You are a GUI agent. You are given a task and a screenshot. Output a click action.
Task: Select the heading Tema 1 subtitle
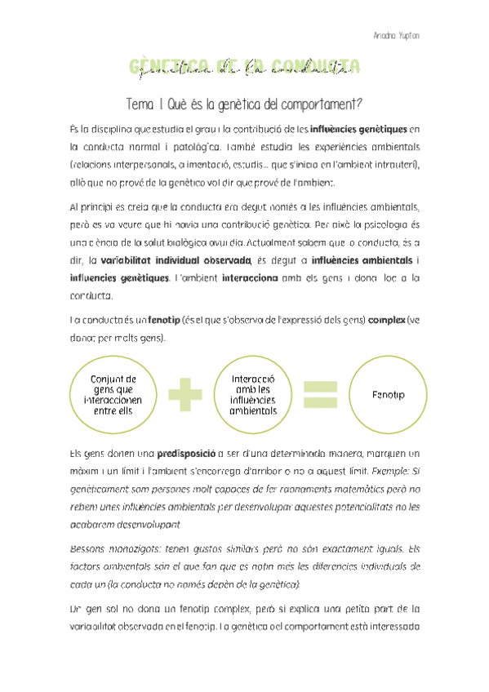tap(244, 104)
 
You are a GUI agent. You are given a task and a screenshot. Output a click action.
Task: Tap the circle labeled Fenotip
tap(388, 395)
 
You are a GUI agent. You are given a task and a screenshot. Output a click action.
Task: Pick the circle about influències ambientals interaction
tap(253, 395)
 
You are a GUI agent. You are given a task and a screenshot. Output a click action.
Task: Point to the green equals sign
tap(320, 395)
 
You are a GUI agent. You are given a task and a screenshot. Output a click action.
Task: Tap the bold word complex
tap(387, 320)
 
